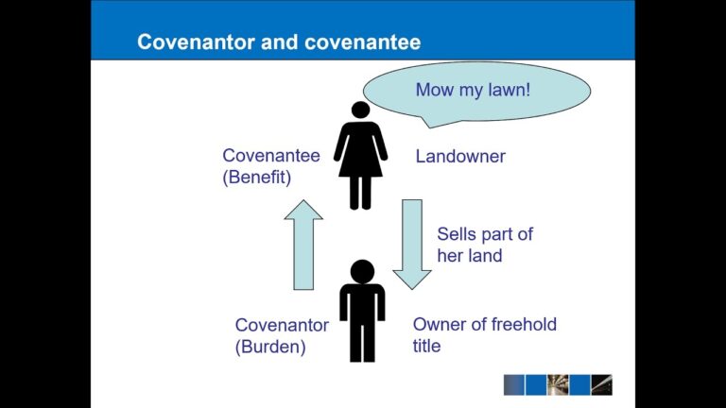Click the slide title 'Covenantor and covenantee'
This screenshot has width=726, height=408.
pyautogui.click(x=279, y=42)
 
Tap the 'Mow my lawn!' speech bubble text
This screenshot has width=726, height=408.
pyautogui.click(x=473, y=91)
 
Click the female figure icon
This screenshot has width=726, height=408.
pyautogui.click(x=360, y=156)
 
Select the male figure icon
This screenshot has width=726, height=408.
pyautogui.click(x=362, y=312)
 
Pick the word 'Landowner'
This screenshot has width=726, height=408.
pyautogui.click(x=460, y=157)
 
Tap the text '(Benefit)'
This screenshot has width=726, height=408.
pyautogui.click(x=257, y=177)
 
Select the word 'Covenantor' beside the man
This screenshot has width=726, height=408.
pyautogui.click(x=282, y=325)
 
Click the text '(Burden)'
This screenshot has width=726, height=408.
pyautogui.click(x=270, y=347)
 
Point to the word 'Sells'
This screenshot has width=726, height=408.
pyautogui.click(x=456, y=234)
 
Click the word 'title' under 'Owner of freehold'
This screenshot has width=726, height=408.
pyautogui.click(x=426, y=346)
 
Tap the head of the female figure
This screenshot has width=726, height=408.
pyautogui.click(x=360, y=110)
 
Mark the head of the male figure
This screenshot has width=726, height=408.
pyautogui.click(x=362, y=271)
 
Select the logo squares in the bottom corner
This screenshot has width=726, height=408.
pyautogui.click(x=558, y=384)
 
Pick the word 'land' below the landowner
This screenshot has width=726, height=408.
pyautogui.click(x=485, y=255)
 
